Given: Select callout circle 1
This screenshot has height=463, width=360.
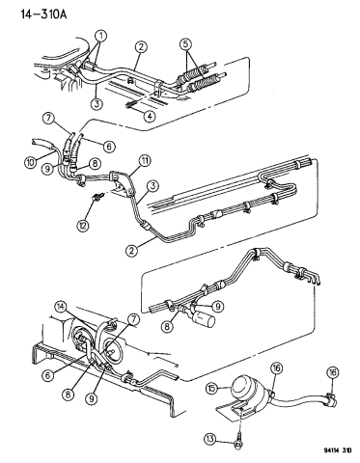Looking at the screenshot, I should pyautogui.click(x=101, y=38).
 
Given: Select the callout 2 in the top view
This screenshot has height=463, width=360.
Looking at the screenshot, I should pyautogui.click(x=141, y=46).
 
